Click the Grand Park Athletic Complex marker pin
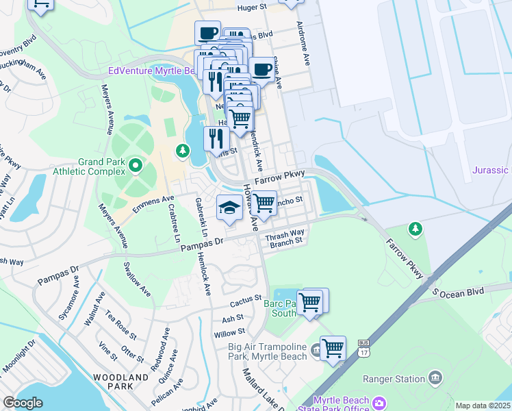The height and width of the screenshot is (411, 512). click(x=136, y=165)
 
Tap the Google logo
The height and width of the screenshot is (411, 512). click(x=23, y=403)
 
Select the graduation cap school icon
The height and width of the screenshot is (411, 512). click(x=229, y=208)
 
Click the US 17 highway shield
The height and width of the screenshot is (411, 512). click(x=364, y=349)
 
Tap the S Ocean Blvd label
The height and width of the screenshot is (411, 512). click(x=457, y=292)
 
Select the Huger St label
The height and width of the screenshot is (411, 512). click(x=251, y=8)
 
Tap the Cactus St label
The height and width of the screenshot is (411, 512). click(x=246, y=301)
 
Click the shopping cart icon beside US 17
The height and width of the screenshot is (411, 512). click(x=333, y=349)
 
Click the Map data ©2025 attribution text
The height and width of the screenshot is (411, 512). click(x=483, y=406)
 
